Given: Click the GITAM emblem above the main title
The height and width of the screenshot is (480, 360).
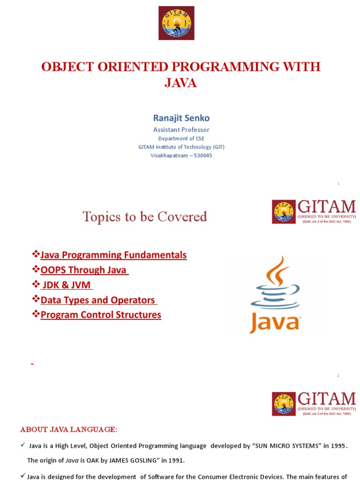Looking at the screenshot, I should tap(176, 23).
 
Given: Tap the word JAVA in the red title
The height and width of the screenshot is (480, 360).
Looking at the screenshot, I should tap(180, 83).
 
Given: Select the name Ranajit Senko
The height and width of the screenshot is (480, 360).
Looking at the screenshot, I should tap(181, 118).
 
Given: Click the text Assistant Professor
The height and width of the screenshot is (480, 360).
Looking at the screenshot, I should tap(181, 129).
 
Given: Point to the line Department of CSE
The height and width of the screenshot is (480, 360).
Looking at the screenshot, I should tap(181, 138).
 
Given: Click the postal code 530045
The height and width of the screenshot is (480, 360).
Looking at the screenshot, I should tap(202, 155).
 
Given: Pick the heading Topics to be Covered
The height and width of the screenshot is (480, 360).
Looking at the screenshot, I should tap(144, 217).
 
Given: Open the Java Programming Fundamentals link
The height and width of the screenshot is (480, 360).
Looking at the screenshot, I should tap(113, 255).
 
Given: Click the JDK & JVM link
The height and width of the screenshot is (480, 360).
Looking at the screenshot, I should tap(66, 285).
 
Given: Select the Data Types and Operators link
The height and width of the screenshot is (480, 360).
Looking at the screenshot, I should tap(98, 300).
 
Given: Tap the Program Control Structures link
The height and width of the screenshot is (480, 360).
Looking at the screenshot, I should tap(101, 315).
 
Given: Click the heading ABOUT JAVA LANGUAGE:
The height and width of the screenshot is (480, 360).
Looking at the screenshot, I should tap(69, 429).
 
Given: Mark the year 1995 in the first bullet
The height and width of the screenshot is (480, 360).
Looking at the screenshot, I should tap(338, 446).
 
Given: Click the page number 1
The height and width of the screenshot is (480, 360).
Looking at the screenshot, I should tap(338, 184).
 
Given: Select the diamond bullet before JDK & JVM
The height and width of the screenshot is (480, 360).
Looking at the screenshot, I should tap(35, 285).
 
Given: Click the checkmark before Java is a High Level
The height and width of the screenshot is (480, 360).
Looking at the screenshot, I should tap(22, 446).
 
